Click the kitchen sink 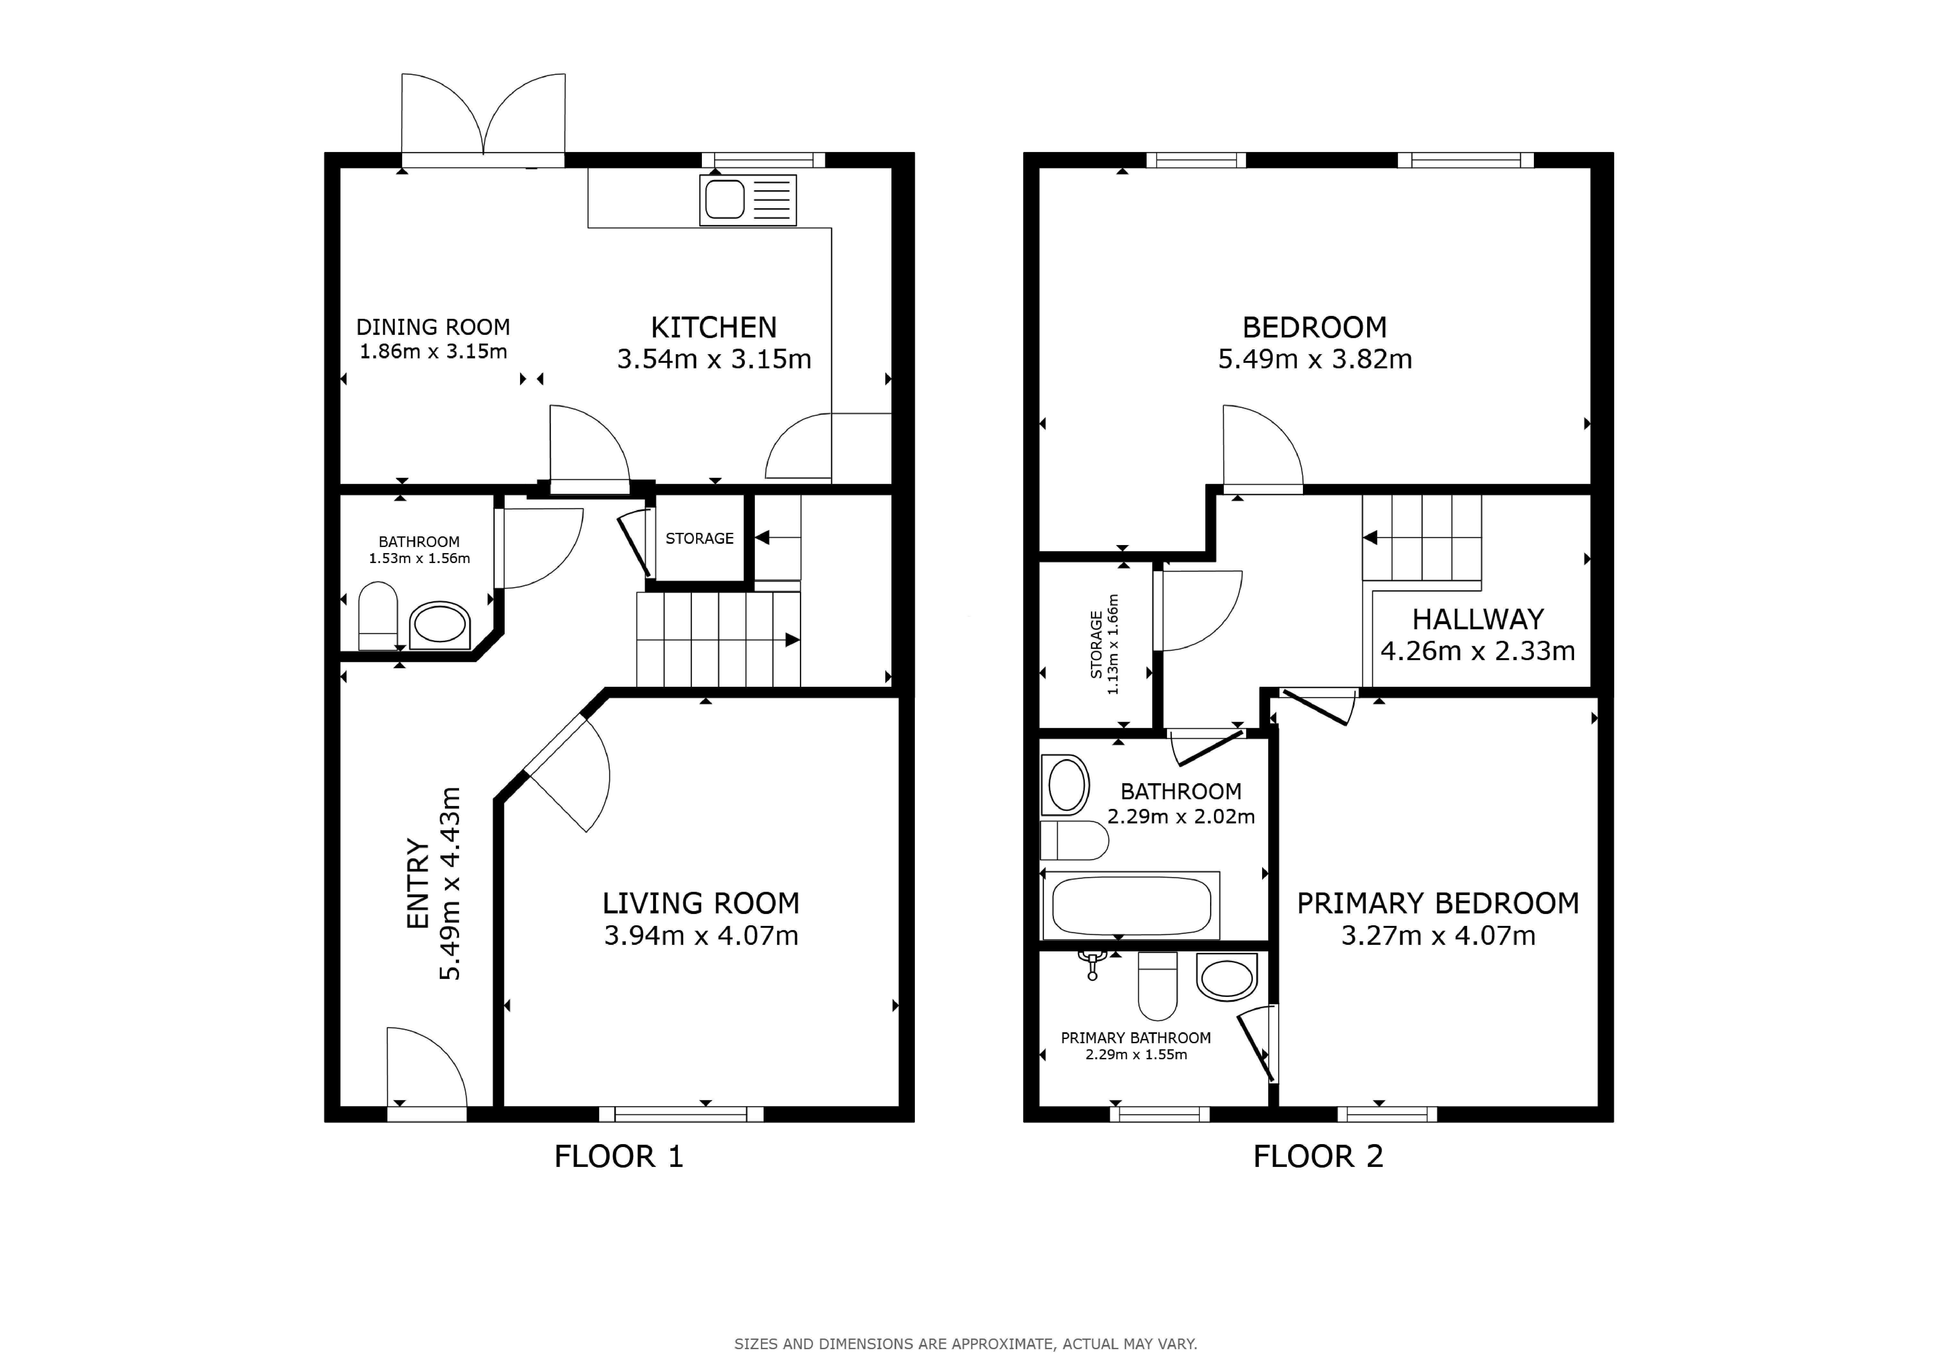(x=748, y=200)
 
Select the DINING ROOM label (x=433, y=327)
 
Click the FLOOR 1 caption (x=619, y=1157)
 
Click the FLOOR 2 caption (x=1318, y=1157)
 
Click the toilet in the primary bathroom (x=1157, y=986)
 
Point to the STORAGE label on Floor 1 (x=700, y=539)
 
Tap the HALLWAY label (x=1478, y=620)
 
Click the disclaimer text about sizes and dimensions (x=966, y=1344)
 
